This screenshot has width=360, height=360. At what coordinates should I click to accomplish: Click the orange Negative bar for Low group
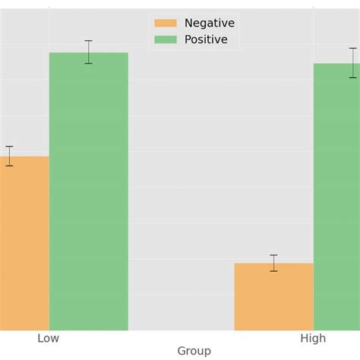point(24,243)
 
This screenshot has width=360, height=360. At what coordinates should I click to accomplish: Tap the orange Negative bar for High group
point(273,296)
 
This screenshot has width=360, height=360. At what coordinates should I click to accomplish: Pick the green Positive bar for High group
point(336,197)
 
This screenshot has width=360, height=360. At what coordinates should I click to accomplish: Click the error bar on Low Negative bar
point(9,156)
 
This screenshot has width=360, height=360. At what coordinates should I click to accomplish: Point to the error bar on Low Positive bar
point(89,52)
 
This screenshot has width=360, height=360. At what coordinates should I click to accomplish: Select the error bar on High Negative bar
point(273,263)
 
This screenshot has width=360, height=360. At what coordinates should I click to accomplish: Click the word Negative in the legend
point(210,23)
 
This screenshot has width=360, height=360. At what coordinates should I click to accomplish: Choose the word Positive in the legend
point(206,39)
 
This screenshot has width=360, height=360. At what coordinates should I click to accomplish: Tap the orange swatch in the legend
point(165,23)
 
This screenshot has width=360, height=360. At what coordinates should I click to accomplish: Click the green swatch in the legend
point(165,39)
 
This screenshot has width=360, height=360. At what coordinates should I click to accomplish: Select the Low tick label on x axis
point(49,338)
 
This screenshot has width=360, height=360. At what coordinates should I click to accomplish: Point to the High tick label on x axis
point(313,338)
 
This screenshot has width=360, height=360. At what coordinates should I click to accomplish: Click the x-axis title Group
point(194,351)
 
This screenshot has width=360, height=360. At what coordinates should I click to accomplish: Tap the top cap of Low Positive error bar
point(89,40)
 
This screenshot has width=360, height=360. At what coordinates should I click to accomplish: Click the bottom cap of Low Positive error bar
point(89,64)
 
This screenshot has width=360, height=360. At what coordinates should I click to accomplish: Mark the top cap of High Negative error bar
point(273,255)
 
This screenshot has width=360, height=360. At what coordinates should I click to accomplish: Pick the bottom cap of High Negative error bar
point(273,271)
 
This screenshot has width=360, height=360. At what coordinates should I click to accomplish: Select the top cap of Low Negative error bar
point(9,147)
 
